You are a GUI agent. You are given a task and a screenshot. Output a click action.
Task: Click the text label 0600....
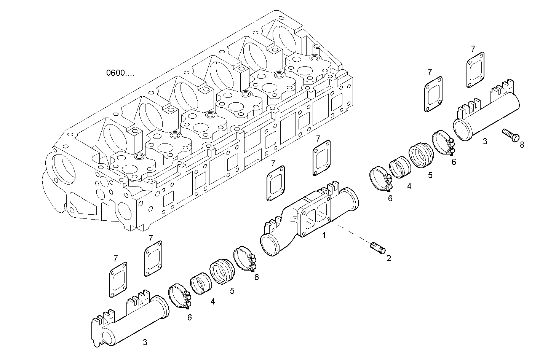pos(120,73)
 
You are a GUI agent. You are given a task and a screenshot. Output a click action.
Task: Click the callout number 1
pos(324,236)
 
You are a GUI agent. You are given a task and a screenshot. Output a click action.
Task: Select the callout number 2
pos(388,258)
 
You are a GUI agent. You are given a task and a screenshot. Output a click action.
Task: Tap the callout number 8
pos(522,145)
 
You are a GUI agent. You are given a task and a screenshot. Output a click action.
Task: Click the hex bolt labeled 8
pos(510,135)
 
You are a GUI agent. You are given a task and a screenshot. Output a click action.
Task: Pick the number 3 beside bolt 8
pos(484,141)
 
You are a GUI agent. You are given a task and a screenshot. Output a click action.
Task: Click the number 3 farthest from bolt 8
pos(145,342)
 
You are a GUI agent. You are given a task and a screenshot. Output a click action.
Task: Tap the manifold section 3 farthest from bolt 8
pos(129,320)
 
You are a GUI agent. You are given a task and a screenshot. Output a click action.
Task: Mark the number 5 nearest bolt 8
pos(430,175)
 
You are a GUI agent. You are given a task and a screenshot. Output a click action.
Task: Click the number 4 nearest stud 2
pos(409,186)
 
